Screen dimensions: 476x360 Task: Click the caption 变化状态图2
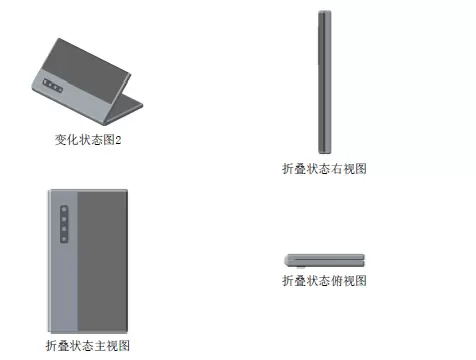tap(88, 140)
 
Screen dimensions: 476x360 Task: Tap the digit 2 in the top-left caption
tap(118, 140)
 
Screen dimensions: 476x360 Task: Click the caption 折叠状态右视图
tap(324, 169)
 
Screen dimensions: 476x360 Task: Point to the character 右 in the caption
tap(337, 169)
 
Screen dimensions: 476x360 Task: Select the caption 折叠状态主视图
tap(88, 346)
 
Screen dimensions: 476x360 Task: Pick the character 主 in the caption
tap(100, 346)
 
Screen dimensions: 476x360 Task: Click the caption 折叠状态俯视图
tap(324, 281)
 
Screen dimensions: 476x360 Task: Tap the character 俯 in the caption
tap(337, 281)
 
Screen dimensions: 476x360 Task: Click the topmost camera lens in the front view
tap(64, 210)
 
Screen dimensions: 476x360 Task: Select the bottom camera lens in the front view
tap(64, 239)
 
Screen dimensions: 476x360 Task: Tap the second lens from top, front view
tap(64, 219)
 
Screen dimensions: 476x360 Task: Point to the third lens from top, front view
tap(64, 229)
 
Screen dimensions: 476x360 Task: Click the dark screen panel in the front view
tap(102, 261)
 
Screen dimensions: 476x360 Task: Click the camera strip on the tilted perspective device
tap(53, 85)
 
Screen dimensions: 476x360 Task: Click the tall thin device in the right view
tap(325, 82)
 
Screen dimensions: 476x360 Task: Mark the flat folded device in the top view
tap(324, 260)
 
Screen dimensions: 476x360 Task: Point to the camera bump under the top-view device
tap(301, 267)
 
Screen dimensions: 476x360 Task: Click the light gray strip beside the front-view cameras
tap(64, 261)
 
